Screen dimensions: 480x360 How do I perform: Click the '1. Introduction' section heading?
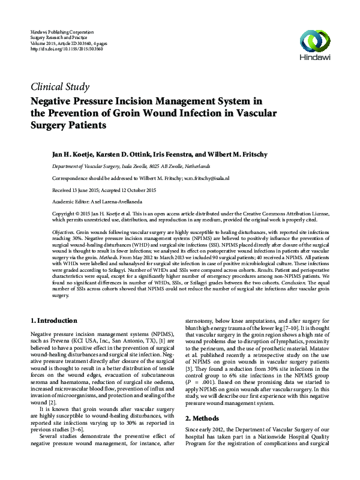tap(53, 320)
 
